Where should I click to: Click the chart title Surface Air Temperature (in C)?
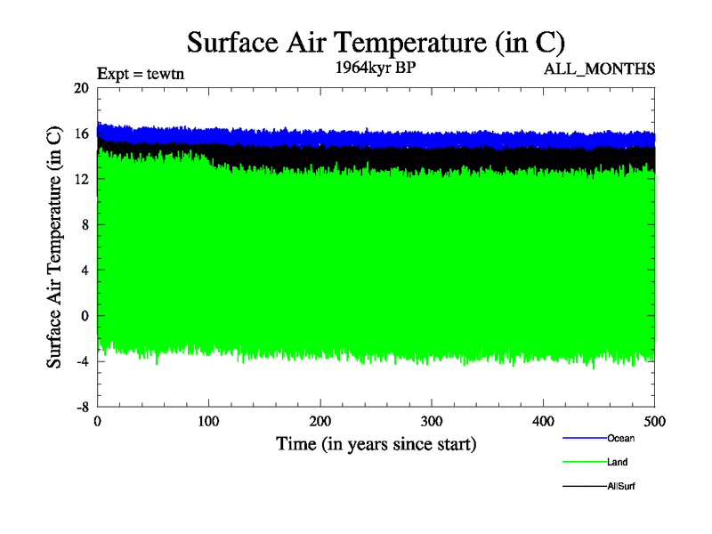pyautogui.click(x=376, y=42)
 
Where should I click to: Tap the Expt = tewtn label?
pyautogui.click(x=140, y=75)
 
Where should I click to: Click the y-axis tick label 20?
pyautogui.click(x=82, y=88)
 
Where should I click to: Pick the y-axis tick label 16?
pyautogui.click(x=82, y=133)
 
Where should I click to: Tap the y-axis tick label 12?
pyautogui.click(x=82, y=179)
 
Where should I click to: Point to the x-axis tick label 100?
pyautogui.click(x=208, y=421)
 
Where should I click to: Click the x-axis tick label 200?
pyautogui.click(x=320, y=421)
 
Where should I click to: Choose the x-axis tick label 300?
pyautogui.click(x=432, y=421)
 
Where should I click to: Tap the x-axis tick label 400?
pyautogui.click(x=543, y=421)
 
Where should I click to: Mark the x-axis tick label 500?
pyautogui.click(x=654, y=421)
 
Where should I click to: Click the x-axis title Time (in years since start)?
pyautogui.click(x=376, y=443)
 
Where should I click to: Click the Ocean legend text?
pyautogui.click(x=620, y=438)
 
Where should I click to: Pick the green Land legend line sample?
pyautogui.click(x=584, y=463)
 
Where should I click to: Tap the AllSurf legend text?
pyautogui.click(x=621, y=487)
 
